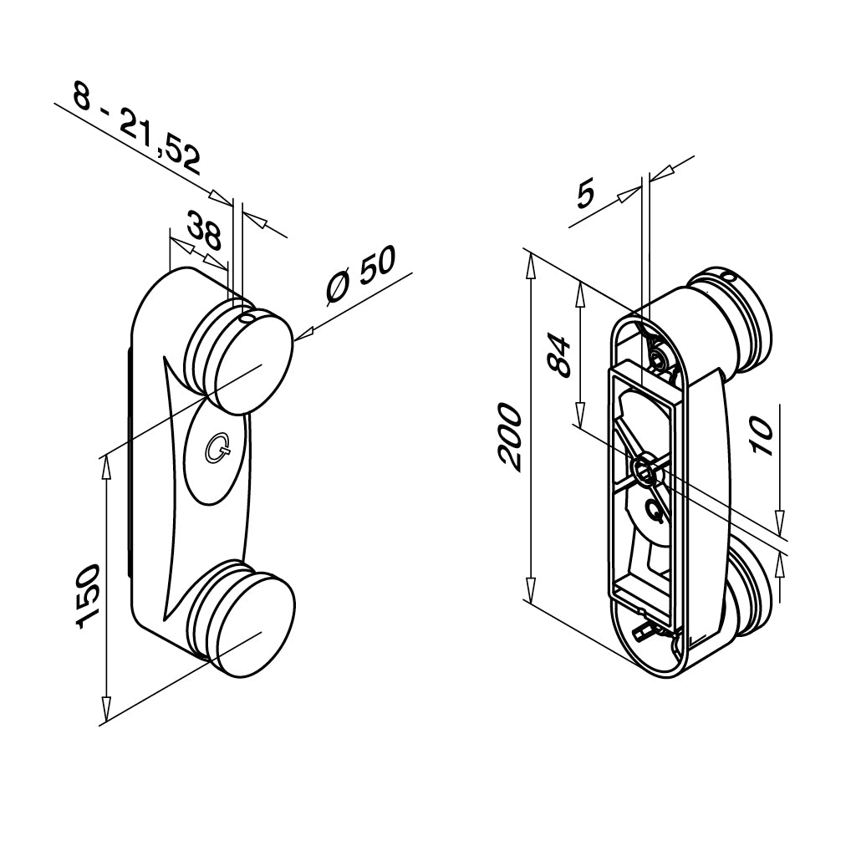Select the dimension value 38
tap(202, 232)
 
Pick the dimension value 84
tap(558, 353)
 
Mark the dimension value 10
tap(760, 436)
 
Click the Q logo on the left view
tap(218, 450)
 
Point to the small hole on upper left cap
tap(247, 318)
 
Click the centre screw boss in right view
tap(646, 470)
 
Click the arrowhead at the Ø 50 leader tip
tap(302, 334)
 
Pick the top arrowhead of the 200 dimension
tap(529, 262)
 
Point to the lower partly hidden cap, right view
tap(752, 589)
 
